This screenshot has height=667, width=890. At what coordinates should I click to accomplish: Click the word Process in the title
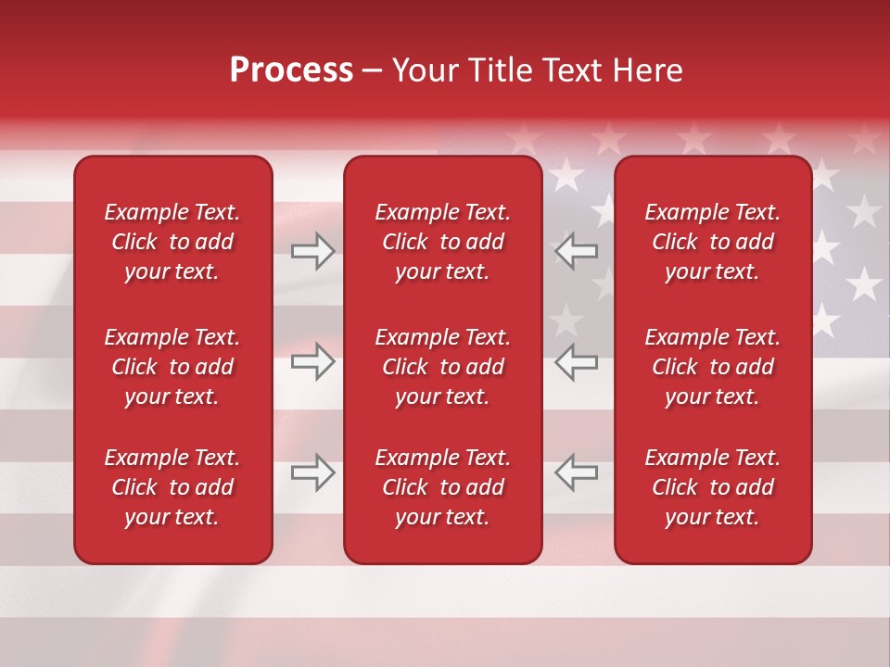click(291, 70)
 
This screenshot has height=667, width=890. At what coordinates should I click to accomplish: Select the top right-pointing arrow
click(313, 251)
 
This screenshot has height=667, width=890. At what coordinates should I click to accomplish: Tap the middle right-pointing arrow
click(313, 361)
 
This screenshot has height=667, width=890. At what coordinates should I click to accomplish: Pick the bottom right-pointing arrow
click(313, 472)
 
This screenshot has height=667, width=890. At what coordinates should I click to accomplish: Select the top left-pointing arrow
click(576, 251)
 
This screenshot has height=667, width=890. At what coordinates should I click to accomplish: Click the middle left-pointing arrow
click(576, 361)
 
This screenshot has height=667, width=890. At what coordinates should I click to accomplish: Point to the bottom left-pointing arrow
click(576, 472)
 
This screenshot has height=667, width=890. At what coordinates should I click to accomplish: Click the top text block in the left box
click(172, 242)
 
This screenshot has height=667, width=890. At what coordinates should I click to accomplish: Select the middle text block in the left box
click(172, 367)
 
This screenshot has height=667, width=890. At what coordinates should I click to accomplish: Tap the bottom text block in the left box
click(172, 487)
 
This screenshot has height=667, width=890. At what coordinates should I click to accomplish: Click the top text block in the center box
click(442, 242)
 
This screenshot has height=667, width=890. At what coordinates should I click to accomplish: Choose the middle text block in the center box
click(442, 367)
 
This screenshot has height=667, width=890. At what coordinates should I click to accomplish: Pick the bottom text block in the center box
click(442, 487)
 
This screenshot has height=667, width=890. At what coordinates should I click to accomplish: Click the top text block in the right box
click(712, 242)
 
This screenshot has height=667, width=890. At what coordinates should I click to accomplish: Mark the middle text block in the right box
click(712, 367)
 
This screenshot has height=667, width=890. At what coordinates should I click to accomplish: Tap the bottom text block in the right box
click(712, 487)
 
